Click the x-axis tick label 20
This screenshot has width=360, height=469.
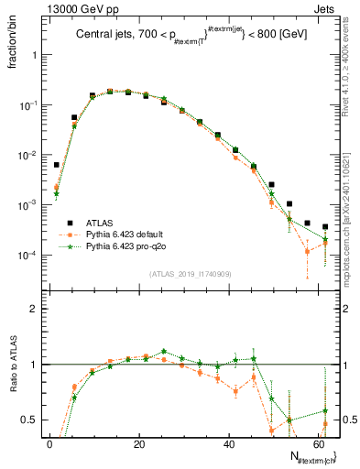(x=138, y=444)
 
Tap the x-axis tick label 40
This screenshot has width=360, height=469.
(x=227, y=444)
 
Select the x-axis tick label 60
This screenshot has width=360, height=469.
(x=316, y=444)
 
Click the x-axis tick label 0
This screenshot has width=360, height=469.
(x=49, y=444)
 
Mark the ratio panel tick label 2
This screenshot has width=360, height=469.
(x=35, y=310)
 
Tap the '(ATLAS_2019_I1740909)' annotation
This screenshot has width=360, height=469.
(x=189, y=273)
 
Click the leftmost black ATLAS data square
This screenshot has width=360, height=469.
(x=57, y=165)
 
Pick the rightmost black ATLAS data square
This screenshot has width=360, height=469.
(x=325, y=226)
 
